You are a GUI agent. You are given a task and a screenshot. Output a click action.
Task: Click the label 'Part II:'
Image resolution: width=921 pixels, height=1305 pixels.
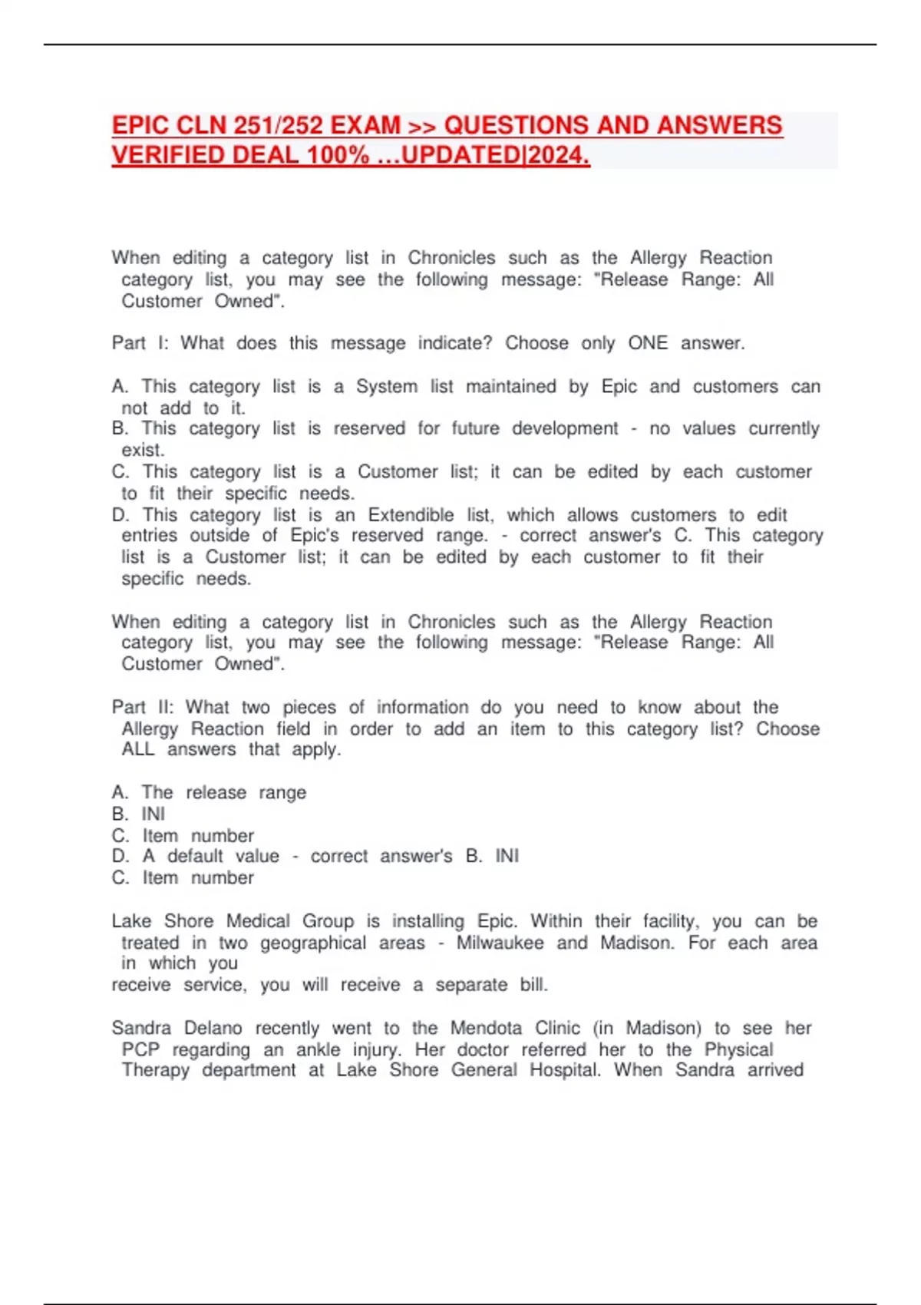click(143, 707)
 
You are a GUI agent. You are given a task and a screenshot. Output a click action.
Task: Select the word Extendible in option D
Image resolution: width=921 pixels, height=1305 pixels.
click(411, 515)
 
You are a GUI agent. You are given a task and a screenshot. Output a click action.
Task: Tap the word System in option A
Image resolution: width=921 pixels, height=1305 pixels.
click(385, 387)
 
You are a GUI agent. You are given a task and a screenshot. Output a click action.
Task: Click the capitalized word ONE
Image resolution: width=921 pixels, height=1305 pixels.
click(648, 343)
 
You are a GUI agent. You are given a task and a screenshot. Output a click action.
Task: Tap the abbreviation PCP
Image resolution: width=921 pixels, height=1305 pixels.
click(140, 1049)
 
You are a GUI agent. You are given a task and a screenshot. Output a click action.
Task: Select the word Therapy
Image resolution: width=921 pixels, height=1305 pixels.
click(155, 1070)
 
